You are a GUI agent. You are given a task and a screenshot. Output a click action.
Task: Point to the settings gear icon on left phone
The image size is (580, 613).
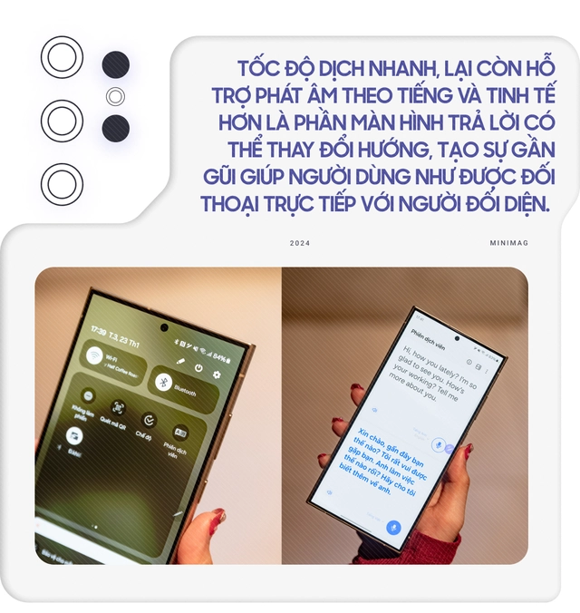pyautogui.click(x=217, y=374)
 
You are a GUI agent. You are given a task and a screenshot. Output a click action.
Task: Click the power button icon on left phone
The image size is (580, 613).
pyautogui.click(x=198, y=367)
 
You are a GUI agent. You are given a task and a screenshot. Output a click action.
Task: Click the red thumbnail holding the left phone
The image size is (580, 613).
pyautogui.click(x=217, y=518)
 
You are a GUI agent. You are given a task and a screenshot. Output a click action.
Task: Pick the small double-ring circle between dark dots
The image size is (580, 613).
pyautogui.click(x=114, y=96)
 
